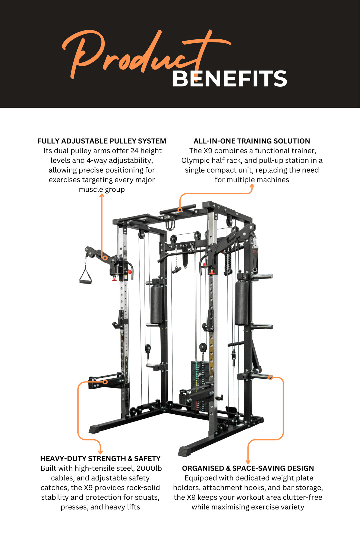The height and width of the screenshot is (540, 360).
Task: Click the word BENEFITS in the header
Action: coord(229,79)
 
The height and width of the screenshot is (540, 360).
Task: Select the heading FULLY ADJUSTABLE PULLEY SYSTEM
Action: coord(102,141)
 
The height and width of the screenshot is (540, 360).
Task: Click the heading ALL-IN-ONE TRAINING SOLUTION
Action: coord(252,141)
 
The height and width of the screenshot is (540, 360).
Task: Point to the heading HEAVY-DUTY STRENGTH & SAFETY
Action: coord(100,459)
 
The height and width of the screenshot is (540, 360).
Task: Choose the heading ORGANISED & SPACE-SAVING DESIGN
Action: coord(248,468)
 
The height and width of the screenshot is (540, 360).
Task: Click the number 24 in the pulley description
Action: coord(134,151)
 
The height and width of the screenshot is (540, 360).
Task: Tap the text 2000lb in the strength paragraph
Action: coord(149,468)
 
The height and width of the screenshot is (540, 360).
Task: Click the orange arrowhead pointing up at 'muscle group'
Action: coord(102,195)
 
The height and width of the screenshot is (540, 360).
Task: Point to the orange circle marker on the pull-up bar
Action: coord(180,210)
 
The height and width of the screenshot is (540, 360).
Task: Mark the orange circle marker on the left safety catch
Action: coord(105,382)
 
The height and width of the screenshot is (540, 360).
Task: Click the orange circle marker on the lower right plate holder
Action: coord(270,378)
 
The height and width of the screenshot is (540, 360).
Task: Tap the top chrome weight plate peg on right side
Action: coord(263,276)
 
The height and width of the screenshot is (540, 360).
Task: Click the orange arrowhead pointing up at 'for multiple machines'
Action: coord(252,186)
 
